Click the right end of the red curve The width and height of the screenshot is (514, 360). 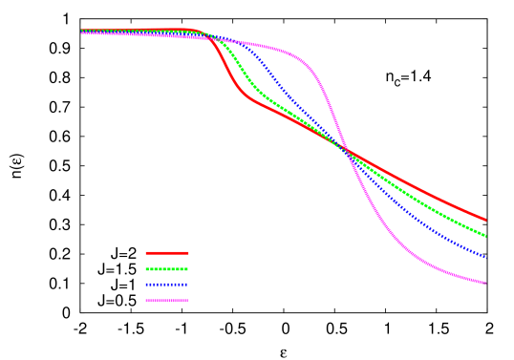click(x=485, y=220)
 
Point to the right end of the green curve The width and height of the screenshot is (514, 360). click(x=485, y=236)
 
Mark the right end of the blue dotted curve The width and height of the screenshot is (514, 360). click(x=485, y=258)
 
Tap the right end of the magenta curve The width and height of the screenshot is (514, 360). click(x=485, y=283)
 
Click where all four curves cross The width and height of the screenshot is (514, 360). click(x=345, y=150)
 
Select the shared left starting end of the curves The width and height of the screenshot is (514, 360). click(x=83, y=32)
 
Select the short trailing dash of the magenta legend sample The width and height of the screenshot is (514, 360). click(x=185, y=301)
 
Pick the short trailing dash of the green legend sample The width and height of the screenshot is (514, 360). click(x=185, y=269)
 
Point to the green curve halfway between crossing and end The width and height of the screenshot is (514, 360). click(x=416, y=198)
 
